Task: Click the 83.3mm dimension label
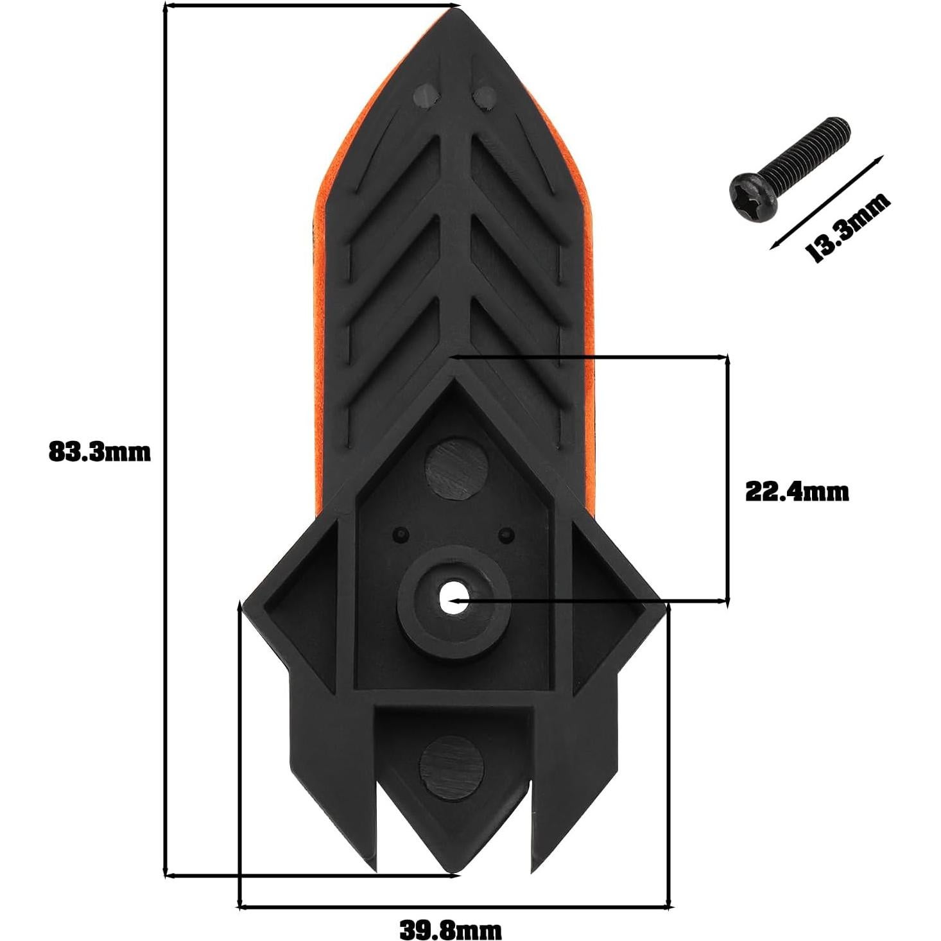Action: point(99,452)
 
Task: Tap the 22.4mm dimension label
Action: point(797,492)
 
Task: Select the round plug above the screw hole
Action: point(455,469)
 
